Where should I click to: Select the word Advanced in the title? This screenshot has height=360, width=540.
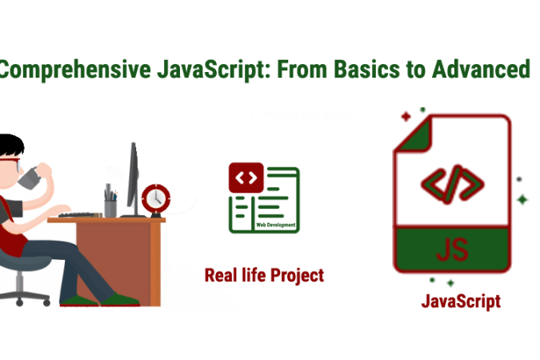[478, 70]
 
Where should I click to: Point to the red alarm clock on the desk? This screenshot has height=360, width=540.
[155, 198]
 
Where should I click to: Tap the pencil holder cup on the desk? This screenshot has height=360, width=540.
[110, 203]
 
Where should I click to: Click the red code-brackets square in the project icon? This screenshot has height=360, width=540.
[246, 177]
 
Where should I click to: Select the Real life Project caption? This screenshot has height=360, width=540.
[264, 276]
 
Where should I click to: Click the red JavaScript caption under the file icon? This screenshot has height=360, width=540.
[461, 302]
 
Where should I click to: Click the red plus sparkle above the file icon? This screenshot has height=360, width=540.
[406, 116]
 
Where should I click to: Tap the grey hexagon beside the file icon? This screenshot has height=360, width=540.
[519, 178]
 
